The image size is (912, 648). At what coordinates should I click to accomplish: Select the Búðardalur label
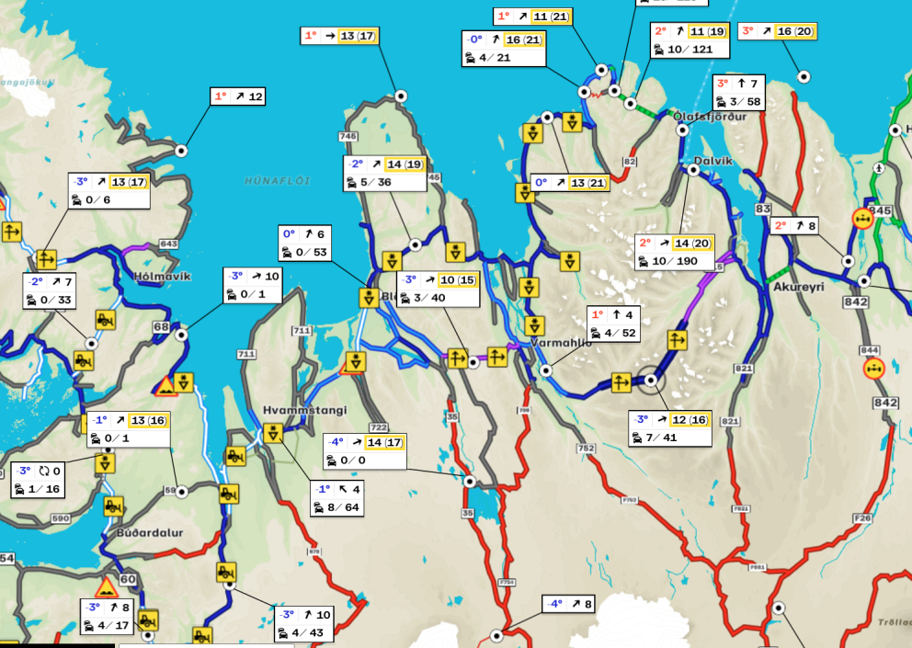pyautogui.click(x=150, y=532)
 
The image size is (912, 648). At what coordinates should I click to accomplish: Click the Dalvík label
pyautogui.click(x=712, y=161)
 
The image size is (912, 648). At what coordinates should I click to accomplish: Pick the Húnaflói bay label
pyautogui.click(x=273, y=181)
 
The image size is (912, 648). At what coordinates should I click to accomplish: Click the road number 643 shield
pyautogui.click(x=168, y=244)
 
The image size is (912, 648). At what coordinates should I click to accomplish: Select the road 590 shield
pyautogui.click(x=61, y=519)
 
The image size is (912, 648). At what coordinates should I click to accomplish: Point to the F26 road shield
pyautogui.click(x=861, y=518)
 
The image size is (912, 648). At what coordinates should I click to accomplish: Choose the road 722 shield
pyautogui.click(x=378, y=427)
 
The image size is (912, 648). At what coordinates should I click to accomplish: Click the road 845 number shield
pyautogui.click(x=881, y=210)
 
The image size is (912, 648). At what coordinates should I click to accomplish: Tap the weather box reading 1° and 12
pyautogui.click(x=237, y=96)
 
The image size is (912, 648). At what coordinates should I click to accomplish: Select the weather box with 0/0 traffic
pyautogui.click(x=365, y=451)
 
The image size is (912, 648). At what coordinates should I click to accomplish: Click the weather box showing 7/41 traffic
pyautogui.click(x=670, y=429)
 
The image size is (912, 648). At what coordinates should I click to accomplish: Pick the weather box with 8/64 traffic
pyautogui.click(x=336, y=498)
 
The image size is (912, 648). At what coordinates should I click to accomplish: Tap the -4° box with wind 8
pyautogui.click(x=568, y=604)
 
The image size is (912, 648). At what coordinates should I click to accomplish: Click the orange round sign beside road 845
pyautogui.click(x=862, y=219)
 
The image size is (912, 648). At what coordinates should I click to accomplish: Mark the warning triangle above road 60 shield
pyautogui.click(x=107, y=587)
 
